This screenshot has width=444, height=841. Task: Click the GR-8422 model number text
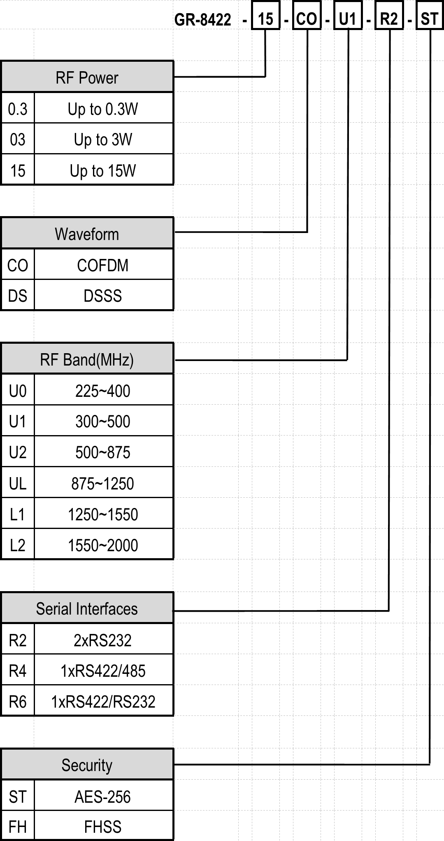[202, 19]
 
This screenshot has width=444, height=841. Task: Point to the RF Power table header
[87, 77]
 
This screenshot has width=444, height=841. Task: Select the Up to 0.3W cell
[103, 109]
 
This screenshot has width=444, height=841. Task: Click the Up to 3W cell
[103, 140]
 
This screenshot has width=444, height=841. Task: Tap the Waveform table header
[87, 233]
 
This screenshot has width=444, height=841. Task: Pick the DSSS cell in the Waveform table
[103, 296]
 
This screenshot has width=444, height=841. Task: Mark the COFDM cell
[103, 265]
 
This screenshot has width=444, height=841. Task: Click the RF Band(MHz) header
[87, 359]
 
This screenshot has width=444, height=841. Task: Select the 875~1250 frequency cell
[103, 483]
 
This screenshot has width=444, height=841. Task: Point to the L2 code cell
[18, 545]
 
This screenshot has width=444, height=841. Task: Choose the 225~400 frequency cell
[103, 391]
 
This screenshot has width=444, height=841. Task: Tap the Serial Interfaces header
[87, 608]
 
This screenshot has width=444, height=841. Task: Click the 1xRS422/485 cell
[103, 671]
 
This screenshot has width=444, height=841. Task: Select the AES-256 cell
[103, 797]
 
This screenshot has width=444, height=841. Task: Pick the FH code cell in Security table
[18, 826]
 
